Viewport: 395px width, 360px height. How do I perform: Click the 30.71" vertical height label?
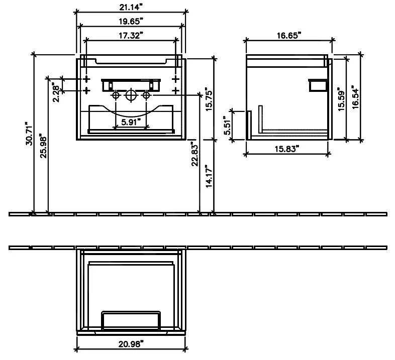29,135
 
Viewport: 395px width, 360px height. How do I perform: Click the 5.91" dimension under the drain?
131,122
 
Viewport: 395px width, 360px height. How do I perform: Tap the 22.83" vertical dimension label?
195,155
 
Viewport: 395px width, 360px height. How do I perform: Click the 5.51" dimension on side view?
228,127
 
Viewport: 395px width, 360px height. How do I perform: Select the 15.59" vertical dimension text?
341,98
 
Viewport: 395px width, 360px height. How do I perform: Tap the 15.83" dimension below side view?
287,149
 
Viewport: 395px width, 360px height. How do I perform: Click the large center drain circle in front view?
131,95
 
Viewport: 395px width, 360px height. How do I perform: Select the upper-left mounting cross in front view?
86,79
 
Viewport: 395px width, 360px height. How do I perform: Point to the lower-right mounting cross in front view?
175,90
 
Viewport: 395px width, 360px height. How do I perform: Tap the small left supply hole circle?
116,95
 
